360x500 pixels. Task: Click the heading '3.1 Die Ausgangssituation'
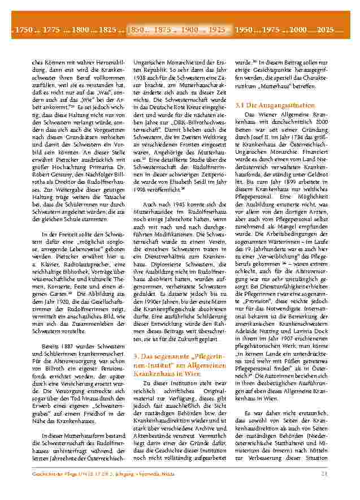click(x=266, y=105)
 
